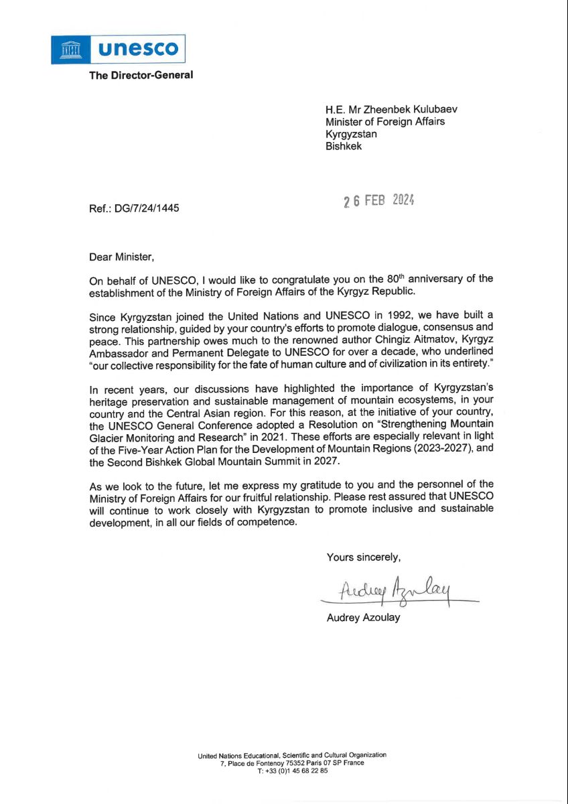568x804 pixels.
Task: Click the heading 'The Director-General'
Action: click(141, 75)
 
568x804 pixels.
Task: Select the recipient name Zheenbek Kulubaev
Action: click(415, 110)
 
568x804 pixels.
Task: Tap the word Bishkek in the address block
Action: click(344, 146)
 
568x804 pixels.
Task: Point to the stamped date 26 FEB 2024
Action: click(379, 200)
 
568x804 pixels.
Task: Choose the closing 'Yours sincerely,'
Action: click(364, 557)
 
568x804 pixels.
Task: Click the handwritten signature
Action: click(395, 589)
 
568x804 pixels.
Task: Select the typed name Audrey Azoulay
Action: click(363, 618)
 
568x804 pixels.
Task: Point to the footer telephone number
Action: click(292, 771)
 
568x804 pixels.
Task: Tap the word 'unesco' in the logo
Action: click(139, 49)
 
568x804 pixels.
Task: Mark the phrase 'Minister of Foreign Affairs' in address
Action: click(385, 122)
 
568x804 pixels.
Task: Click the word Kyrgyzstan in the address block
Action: click(351, 134)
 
